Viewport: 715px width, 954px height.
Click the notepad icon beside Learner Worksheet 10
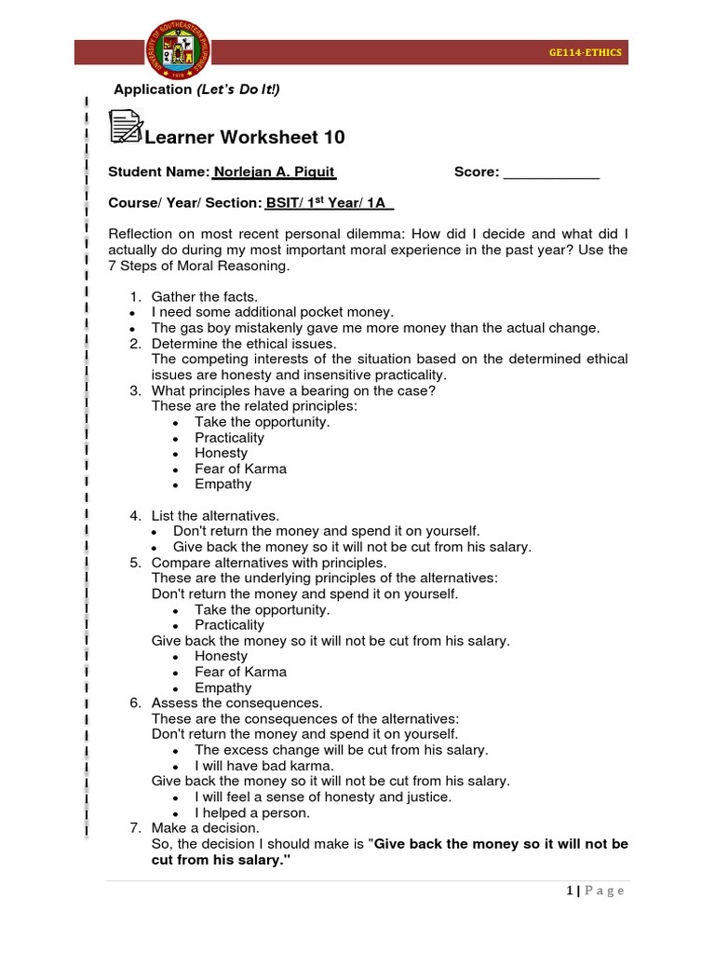click(126, 127)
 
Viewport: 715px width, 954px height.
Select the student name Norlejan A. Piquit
click(274, 172)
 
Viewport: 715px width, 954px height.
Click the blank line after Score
click(551, 173)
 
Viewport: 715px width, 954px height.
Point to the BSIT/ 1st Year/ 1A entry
click(330, 203)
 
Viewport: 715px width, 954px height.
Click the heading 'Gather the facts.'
click(204, 297)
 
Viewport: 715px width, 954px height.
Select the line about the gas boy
click(375, 328)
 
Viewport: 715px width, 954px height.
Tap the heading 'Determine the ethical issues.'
click(244, 344)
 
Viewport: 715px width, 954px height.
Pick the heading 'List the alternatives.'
click(215, 515)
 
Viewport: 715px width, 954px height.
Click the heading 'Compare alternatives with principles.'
click(268, 563)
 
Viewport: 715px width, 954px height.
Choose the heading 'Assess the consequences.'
click(236, 703)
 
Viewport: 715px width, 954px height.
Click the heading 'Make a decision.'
click(206, 828)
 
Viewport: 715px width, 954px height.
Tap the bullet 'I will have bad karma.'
click(263, 766)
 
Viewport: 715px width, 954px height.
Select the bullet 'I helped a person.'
click(252, 812)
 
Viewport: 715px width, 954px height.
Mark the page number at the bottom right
click(595, 891)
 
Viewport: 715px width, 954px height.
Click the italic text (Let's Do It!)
click(237, 89)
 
